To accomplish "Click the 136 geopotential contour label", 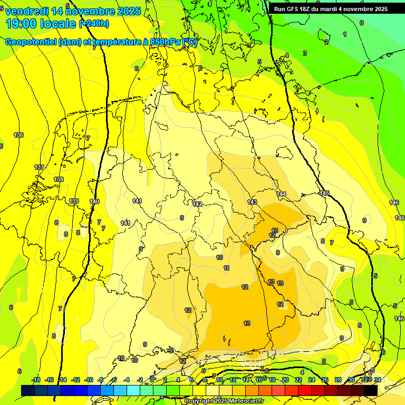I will click(18, 136).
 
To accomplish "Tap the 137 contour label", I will click(39, 167).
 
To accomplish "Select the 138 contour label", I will click(59, 180).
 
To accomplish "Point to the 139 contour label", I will click(74, 201).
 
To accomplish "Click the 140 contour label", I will click(94, 201).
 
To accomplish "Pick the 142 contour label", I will click(197, 204).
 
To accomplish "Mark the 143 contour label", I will click(252, 202).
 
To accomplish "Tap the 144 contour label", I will click(281, 195).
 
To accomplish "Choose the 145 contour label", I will click(324, 194).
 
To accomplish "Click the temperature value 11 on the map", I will click(226, 268).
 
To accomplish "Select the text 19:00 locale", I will click(41, 24).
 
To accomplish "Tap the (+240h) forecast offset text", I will click(94, 24).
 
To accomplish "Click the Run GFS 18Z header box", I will click(331, 9).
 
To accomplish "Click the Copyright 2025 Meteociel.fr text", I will click(224, 401).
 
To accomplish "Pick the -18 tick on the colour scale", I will click(36, 380).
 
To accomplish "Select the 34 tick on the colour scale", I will click(378, 380).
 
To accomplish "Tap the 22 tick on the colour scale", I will click(298, 380).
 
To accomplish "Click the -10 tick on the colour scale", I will click(89, 380).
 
